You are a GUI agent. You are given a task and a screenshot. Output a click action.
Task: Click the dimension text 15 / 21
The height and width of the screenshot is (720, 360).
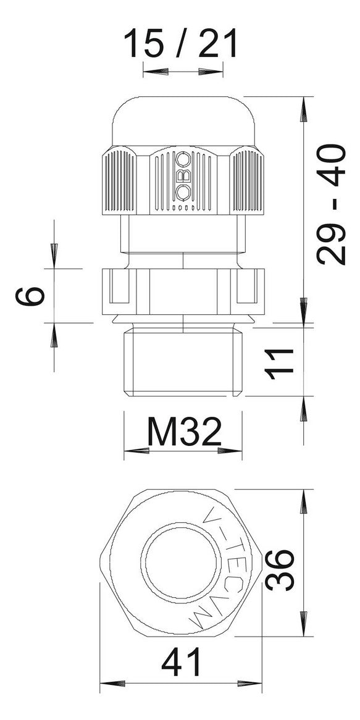[x=180, y=43]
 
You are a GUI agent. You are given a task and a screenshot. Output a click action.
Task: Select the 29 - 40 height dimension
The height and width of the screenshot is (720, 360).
[x=331, y=204]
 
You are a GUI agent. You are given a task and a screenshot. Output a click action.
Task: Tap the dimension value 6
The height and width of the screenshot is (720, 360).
[x=30, y=296]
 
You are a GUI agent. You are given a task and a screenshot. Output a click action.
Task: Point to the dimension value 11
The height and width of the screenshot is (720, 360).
[x=279, y=364]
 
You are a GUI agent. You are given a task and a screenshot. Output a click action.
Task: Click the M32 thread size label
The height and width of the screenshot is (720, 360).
[x=185, y=432]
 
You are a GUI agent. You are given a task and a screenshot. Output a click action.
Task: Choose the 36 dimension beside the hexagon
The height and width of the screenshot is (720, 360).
[x=279, y=570]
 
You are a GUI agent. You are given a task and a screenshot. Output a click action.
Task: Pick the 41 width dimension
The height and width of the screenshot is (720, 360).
[x=182, y=662]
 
